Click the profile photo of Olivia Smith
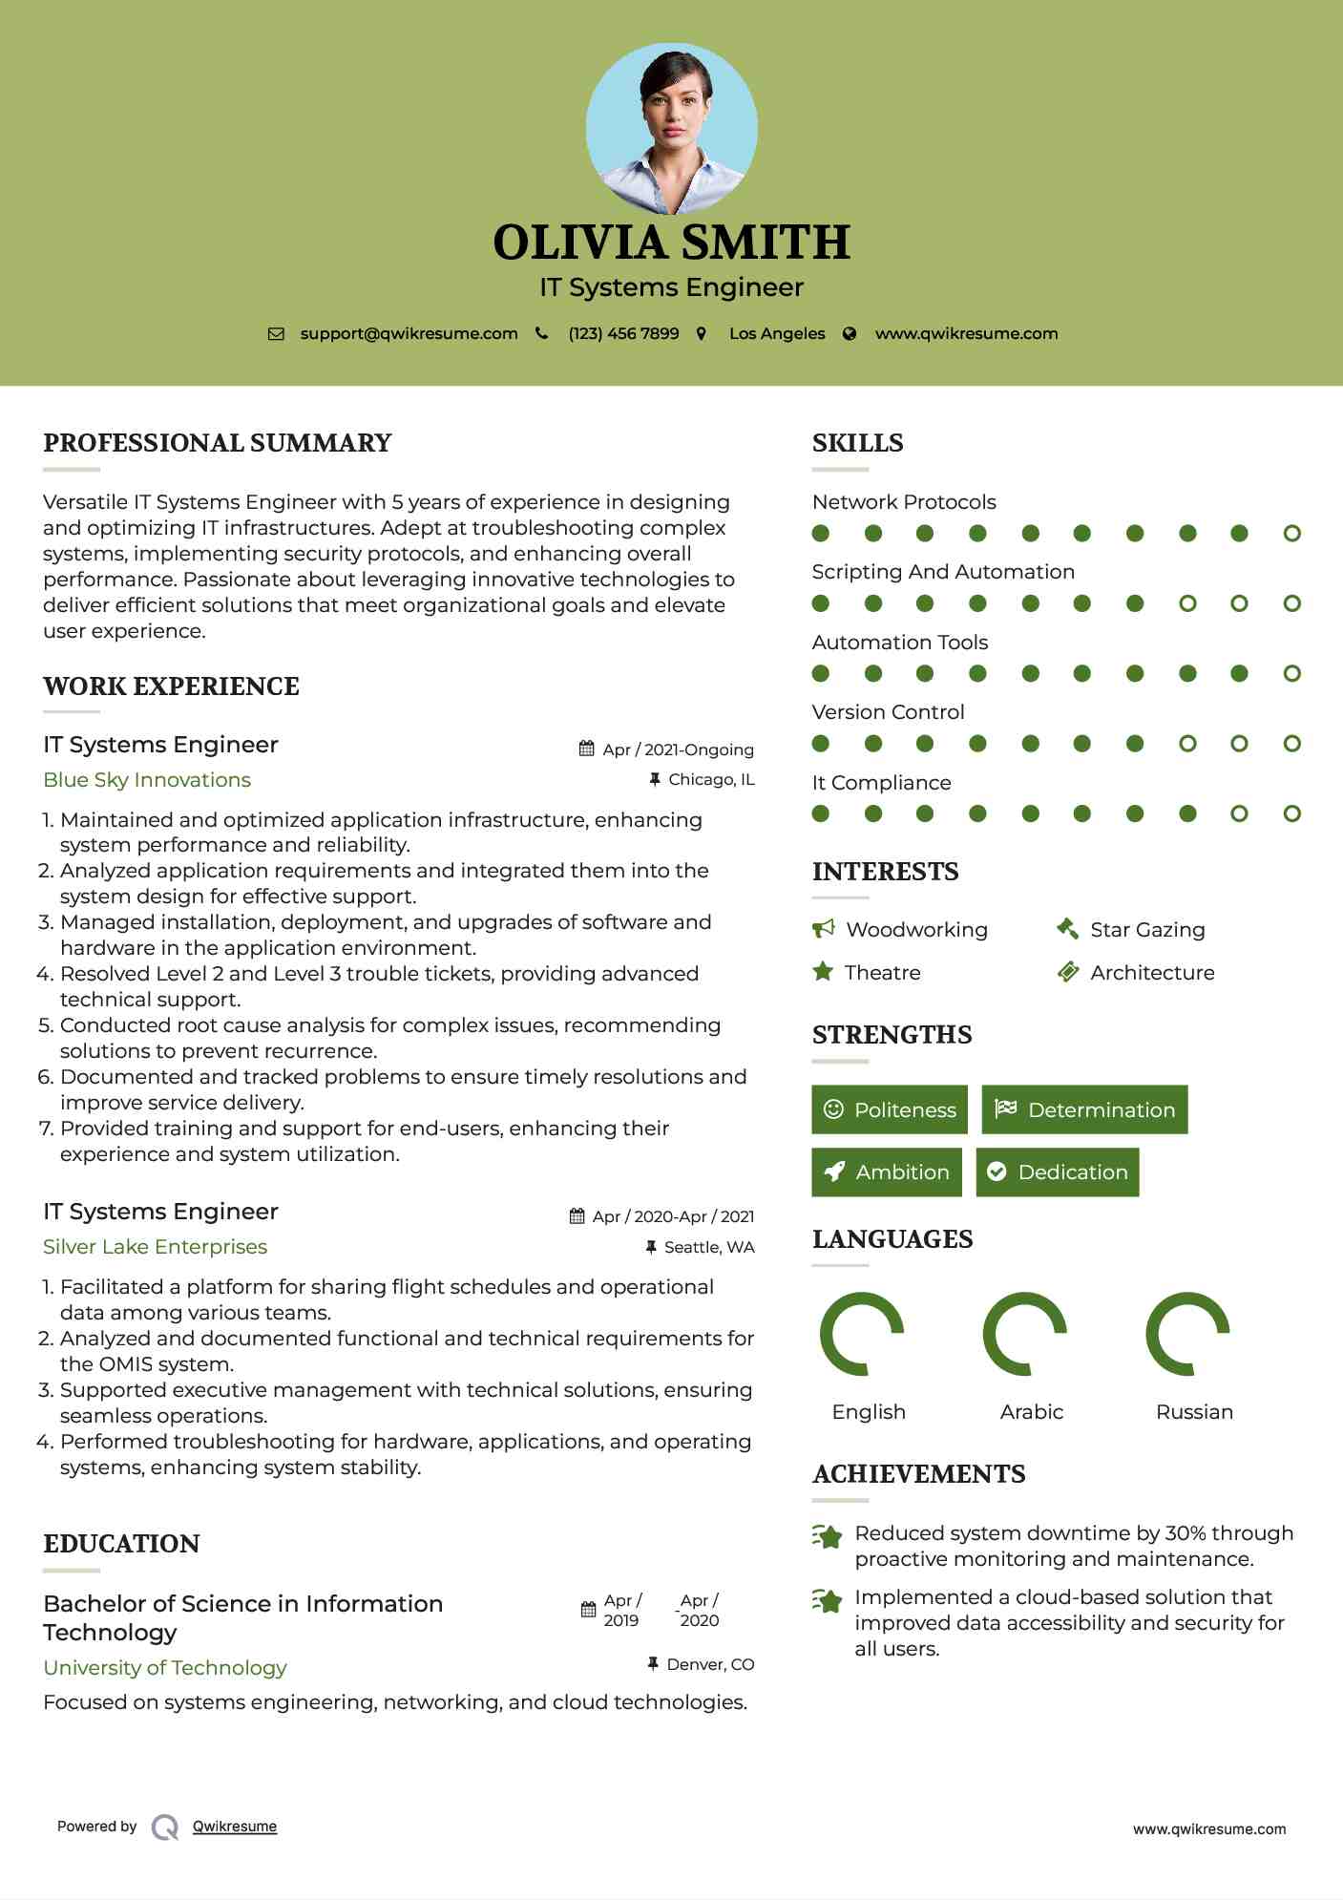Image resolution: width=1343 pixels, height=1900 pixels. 671,128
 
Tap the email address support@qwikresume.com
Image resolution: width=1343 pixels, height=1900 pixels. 409,333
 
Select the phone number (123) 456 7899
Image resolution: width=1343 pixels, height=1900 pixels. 623,333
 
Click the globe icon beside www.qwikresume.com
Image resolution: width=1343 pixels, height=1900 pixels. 850,333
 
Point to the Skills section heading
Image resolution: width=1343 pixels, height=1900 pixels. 857,443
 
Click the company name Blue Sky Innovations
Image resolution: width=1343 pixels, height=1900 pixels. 147,780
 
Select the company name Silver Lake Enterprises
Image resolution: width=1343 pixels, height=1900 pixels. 155,1247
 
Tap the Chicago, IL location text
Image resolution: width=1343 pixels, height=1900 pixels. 711,780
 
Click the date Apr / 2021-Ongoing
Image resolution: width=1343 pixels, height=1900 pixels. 678,749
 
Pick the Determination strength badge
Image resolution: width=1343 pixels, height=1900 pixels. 1084,1109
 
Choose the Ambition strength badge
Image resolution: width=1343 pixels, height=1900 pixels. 887,1172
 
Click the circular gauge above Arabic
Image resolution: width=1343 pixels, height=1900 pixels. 1024,1334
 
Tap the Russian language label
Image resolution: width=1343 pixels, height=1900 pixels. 1194,1412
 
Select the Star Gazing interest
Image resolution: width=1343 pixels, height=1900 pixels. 1147,930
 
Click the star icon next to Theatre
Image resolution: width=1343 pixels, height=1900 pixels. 822,972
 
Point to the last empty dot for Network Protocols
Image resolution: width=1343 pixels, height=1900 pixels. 1291,534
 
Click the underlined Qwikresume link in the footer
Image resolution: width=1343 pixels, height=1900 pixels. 235,1826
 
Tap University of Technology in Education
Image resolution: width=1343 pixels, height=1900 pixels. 165,1668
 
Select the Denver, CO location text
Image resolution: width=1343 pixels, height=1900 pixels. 710,1665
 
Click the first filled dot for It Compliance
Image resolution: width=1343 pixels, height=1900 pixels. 821,813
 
